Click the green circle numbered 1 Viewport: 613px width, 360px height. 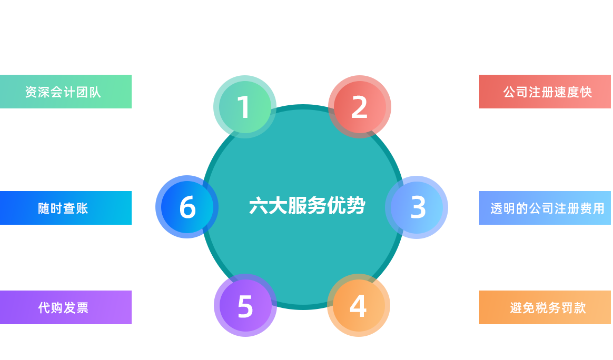tap(244, 107)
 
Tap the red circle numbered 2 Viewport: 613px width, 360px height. tap(359, 107)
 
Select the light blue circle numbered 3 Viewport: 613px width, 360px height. tap(418, 207)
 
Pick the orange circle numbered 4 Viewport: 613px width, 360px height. tap(358, 306)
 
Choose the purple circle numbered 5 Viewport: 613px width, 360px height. tap(245, 306)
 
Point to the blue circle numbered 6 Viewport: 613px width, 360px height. tap(187, 207)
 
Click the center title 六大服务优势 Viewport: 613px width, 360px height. tap(307, 206)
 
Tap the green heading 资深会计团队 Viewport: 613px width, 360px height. tap(63, 92)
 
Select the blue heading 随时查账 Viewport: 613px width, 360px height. tap(63, 208)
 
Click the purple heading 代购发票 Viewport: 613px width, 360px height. tap(63, 307)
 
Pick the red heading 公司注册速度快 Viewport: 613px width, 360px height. tap(548, 92)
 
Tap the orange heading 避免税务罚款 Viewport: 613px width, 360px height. tap(548, 307)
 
